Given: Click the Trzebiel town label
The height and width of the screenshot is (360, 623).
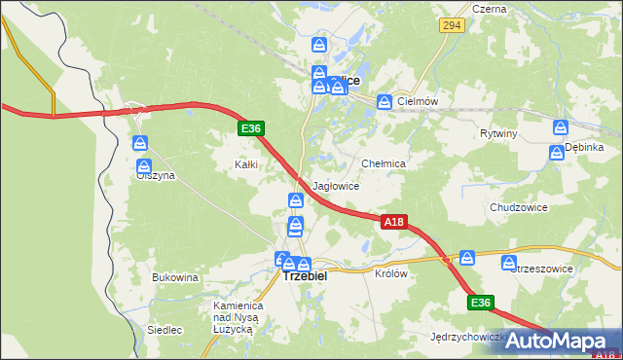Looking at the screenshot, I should point(305,276).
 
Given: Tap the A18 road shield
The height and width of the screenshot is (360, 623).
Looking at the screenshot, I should point(393,223).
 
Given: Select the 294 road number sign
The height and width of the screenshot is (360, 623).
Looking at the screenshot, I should point(450,26).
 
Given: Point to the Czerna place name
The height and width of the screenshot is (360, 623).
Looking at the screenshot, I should point(489,9).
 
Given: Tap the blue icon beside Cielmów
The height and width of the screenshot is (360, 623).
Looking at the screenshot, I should point(385,101).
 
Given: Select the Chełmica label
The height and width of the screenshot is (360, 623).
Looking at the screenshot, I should point(383,164).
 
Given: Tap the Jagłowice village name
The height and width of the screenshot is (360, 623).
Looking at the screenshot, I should point(336,186).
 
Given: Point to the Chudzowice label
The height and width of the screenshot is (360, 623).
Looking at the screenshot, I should point(518,208).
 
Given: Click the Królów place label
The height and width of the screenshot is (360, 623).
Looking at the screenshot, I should point(390,274).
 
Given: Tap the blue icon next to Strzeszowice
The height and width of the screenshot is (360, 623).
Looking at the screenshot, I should point(509,263).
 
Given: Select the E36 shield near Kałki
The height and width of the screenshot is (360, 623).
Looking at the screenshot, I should point(250,128).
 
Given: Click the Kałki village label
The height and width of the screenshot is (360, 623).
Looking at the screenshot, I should point(245,164).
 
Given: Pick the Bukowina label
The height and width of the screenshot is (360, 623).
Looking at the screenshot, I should point(175,278).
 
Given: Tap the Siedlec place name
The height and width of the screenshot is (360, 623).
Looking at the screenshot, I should point(165,330).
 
